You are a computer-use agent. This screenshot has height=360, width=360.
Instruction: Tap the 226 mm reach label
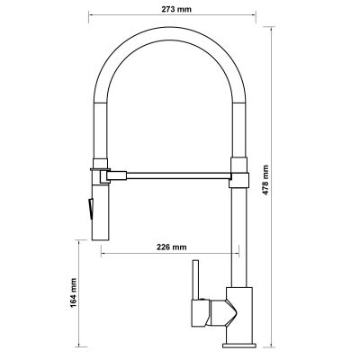[x=171, y=247]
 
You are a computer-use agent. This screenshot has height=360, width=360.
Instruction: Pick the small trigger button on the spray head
[x=89, y=208]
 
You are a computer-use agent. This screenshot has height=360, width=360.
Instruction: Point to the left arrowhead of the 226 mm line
[x=103, y=253]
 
